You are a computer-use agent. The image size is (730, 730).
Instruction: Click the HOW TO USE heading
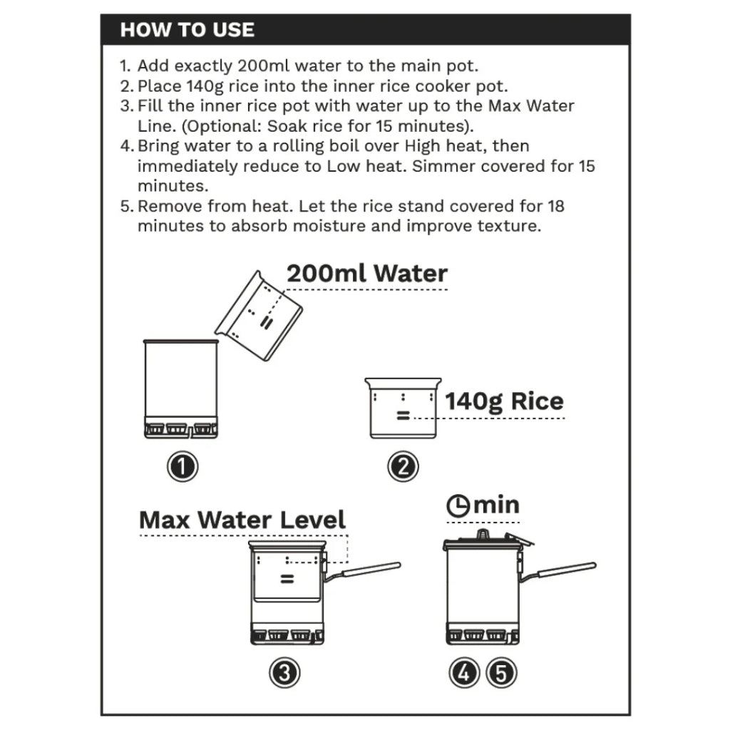click(187, 29)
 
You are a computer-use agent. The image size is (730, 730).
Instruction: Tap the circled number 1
click(182, 467)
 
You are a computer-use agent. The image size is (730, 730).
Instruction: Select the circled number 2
click(403, 467)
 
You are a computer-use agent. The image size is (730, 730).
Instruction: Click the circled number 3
click(284, 672)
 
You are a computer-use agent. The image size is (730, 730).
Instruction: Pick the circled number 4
click(465, 672)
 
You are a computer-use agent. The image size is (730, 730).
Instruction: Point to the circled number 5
click(501, 672)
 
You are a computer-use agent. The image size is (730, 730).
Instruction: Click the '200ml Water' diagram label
click(366, 274)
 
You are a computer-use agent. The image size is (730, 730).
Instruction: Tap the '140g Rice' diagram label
click(504, 401)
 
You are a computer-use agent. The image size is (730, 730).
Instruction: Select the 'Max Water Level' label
click(242, 519)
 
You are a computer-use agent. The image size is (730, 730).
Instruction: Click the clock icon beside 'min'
click(458, 506)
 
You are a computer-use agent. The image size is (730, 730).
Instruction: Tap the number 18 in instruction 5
click(557, 207)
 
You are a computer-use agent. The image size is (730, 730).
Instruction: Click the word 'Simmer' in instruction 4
click(437, 166)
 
